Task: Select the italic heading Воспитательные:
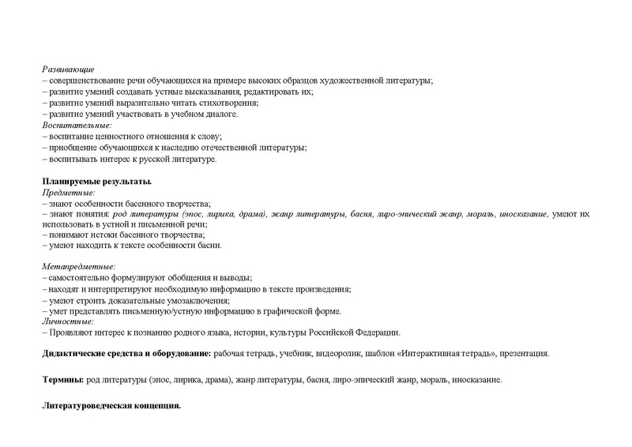(77, 126)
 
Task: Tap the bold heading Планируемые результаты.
(96, 181)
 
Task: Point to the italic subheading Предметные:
(68, 192)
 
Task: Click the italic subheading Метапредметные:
(78, 268)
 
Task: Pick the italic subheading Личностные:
(68, 321)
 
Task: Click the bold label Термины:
(63, 381)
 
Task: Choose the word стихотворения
(230, 103)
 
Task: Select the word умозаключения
(197, 301)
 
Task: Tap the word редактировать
(267, 92)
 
